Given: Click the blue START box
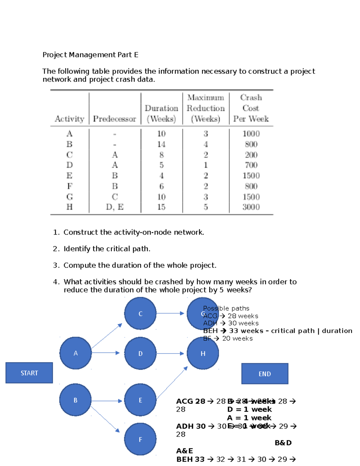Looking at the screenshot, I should click(x=29, y=373).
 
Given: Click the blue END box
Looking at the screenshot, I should click(x=265, y=374).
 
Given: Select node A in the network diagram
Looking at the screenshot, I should click(x=76, y=353).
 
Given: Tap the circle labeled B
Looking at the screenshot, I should click(x=75, y=400).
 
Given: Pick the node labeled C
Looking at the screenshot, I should click(x=140, y=314).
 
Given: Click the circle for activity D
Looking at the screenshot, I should click(x=140, y=353).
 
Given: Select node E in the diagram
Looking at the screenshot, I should click(x=140, y=400).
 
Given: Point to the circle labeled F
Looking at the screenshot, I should click(x=140, y=439).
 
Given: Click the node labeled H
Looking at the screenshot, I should click(x=203, y=353).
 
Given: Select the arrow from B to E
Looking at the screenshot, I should click(x=106, y=401).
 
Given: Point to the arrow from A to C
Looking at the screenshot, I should click(x=106, y=336).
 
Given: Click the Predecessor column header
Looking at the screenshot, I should click(x=114, y=119).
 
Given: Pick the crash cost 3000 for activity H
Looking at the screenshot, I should click(x=251, y=207).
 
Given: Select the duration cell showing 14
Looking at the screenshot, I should click(x=161, y=144).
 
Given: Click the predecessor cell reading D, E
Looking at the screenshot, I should click(x=114, y=207).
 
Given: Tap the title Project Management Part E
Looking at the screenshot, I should click(x=90, y=55).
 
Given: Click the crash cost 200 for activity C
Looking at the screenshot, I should click(x=251, y=155).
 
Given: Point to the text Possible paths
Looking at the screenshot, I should click(x=226, y=308).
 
